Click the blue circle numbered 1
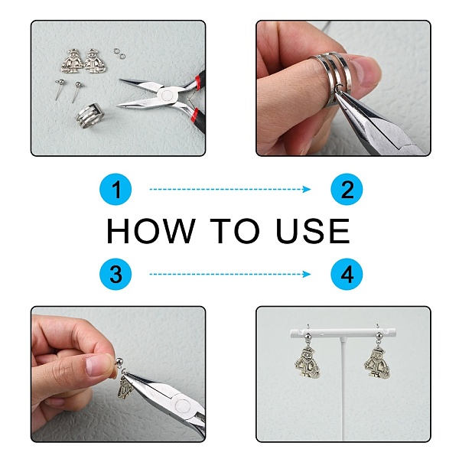(x=116, y=190)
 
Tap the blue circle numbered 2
(x=347, y=190)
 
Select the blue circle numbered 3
(x=116, y=274)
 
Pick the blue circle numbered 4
(x=347, y=274)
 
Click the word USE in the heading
(x=313, y=231)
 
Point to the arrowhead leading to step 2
(x=307, y=190)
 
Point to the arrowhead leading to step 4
(x=307, y=274)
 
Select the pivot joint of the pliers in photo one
(x=167, y=95)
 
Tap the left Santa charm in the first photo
(x=73, y=61)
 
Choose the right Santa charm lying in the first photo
(x=95, y=61)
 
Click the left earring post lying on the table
(x=59, y=90)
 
